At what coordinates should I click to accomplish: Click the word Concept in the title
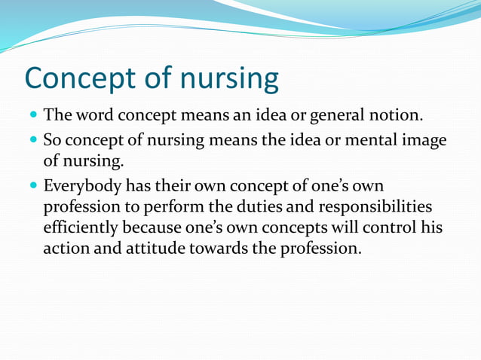pyautogui.click(x=89, y=79)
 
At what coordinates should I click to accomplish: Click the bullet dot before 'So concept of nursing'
pyautogui.click(x=33, y=141)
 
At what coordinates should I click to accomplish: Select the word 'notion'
pyautogui.click(x=397, y=117)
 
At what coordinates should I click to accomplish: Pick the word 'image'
pyautogui.click(x=424, y=141)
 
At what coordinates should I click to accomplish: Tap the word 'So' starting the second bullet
pyautogui.click(x=52, y=140)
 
